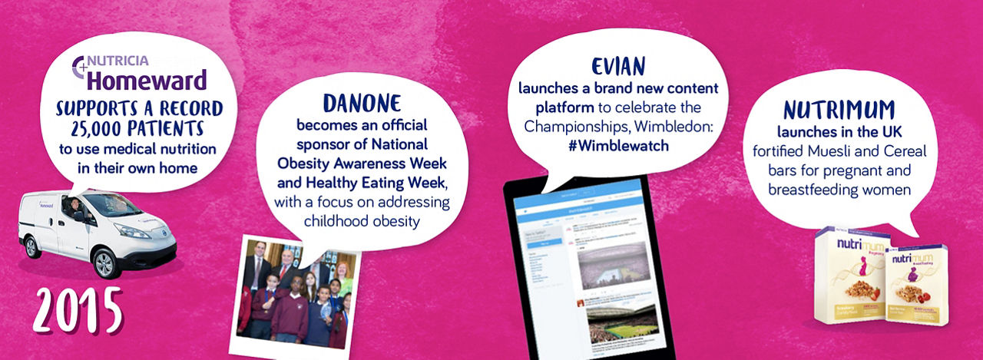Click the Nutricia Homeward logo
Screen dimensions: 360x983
(140, 73)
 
